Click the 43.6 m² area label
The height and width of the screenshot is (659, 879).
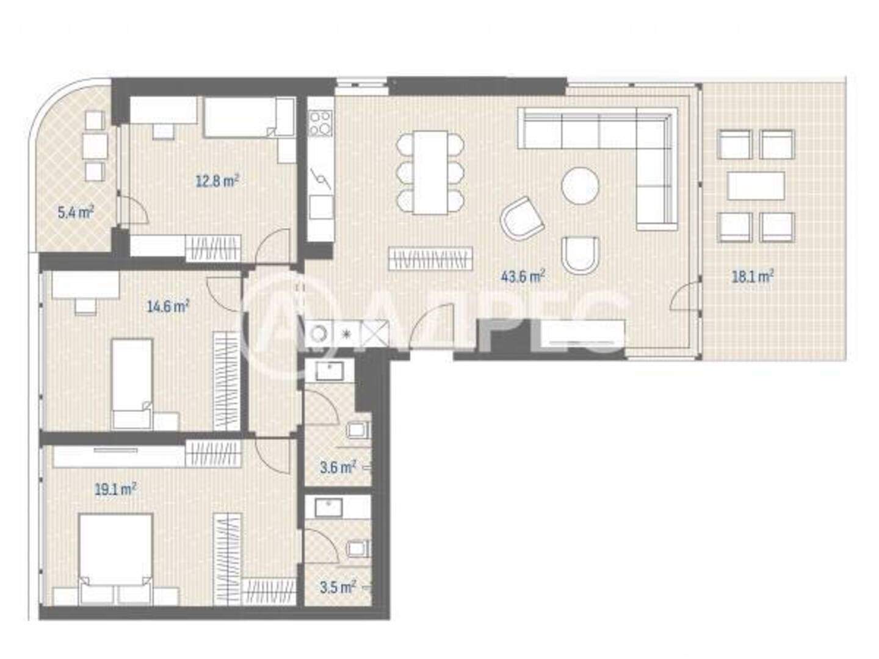click(x=522, y=276)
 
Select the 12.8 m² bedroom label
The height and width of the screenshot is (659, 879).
click(x=217, y=181)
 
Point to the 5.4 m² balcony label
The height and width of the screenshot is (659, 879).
click(x=76, y=212)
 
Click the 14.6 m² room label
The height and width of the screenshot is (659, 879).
click(x=168, y=307)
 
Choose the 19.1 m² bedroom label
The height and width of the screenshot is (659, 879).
click(x=116, y=489)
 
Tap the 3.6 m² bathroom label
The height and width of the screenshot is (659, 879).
click(x=338, y=467)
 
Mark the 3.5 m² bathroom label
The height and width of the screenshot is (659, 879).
click(x=338, y=588)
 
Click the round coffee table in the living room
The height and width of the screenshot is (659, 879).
click(x=581, y=185)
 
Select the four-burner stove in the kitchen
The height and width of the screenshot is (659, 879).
click(x=320, y=123)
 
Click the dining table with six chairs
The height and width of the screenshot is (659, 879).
click(x=430, y=173)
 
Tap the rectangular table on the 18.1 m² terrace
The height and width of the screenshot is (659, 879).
click(x=756, y=186)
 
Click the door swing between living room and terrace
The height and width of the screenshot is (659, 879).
click(x=684, y=295)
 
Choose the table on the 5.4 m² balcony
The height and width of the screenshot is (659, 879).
click(x=95, y=146)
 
